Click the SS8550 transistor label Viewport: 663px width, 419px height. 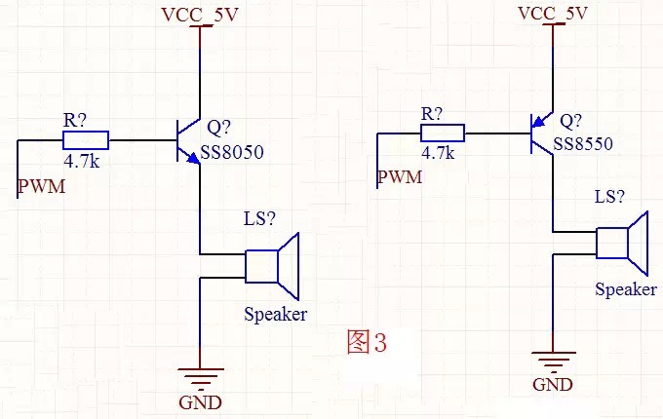tap(582, 143)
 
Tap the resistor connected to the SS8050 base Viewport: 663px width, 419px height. tap(86, 139)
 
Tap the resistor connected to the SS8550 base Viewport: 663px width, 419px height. tap(442, 131)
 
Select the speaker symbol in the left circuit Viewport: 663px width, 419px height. tap(277, 264)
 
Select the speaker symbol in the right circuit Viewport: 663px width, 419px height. tap(626, 243)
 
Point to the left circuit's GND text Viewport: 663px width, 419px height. tap(200, 402)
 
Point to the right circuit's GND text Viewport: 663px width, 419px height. tap(552, 384)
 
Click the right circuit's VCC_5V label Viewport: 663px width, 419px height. tap(553, 13)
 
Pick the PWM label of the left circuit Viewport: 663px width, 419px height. tap(42, 185)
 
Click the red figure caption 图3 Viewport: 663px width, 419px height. tap(367, 342)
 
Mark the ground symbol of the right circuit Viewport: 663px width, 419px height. tap(553, 361)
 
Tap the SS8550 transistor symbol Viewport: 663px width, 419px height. tap(540, 132)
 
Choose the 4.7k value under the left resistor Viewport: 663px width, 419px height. tap(81, 161)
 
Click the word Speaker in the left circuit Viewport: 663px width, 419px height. tap(275, 314)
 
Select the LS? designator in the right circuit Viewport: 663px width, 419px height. tap(610, 196)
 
